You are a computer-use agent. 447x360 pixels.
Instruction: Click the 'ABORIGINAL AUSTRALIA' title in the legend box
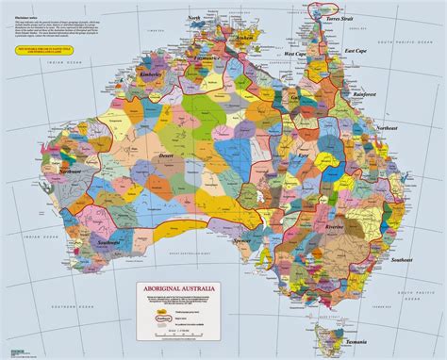[x=173, y=281]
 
